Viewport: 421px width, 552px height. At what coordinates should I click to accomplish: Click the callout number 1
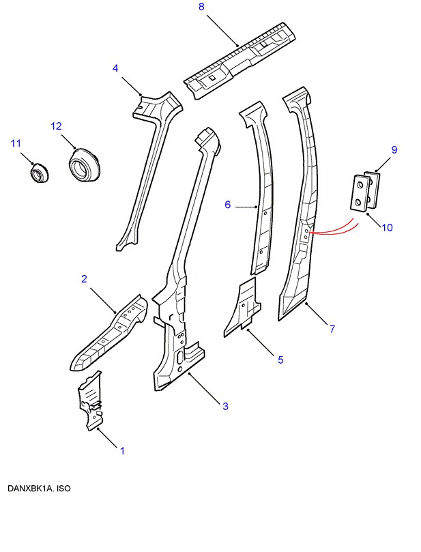coord(122,450)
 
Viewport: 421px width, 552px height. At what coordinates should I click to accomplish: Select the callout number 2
coord(84,279)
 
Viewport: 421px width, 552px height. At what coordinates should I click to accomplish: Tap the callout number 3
coord(225,407)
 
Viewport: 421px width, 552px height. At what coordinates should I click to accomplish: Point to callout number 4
coord(115,68)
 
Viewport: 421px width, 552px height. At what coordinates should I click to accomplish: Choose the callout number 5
coord(280,360)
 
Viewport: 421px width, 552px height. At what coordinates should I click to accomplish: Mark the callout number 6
coord(228,205)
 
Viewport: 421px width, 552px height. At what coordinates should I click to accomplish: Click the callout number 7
coord(332,329)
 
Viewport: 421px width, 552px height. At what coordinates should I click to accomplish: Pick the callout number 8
coord(201,7)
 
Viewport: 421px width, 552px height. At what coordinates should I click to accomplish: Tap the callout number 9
coord(394,149)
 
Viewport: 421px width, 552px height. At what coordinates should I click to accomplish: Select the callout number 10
coord(387,227)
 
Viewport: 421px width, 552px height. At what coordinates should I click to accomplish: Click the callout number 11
coord(16,143)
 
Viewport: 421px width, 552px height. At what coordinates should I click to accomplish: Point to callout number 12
coord(56,126)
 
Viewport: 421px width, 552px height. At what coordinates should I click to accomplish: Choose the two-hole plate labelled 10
coord(360,192)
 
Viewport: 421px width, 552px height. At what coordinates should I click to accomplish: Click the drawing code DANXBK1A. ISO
coord(40,489)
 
